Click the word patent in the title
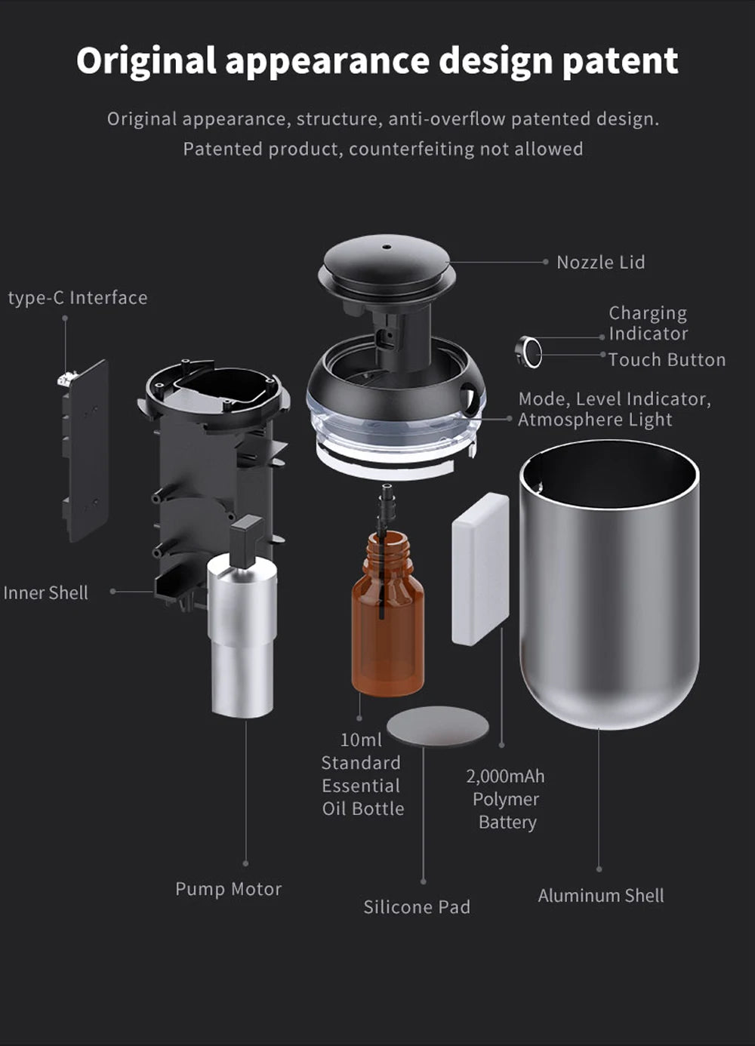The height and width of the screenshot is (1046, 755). coord(620,62)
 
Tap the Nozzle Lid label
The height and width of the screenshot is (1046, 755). coord(600,263)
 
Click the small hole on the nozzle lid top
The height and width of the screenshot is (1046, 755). coord(387,246)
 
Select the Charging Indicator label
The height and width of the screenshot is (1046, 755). coord(648,323)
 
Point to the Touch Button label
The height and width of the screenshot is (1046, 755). coord(667,360)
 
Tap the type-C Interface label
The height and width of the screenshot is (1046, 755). coord(78,298)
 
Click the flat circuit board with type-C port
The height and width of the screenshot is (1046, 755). coord(85,450)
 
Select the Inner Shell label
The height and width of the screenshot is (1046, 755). coord(45,593)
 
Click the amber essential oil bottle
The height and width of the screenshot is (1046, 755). coord(387,619)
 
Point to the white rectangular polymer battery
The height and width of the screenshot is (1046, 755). coord(480,570)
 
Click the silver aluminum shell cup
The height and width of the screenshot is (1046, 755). coord(609,589)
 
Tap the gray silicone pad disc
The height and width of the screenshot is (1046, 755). coord(437,726)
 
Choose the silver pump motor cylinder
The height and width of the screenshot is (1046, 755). coord(242,634)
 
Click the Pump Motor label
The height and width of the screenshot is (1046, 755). coord(228,889)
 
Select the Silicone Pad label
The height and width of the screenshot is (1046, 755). coord(417,907)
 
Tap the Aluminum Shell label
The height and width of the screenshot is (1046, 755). coord(601,896)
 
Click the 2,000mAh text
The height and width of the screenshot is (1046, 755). coord(505,776)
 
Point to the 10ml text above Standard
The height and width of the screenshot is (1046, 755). coord(361,740)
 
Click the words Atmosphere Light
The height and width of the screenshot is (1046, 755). coord(595,420)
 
